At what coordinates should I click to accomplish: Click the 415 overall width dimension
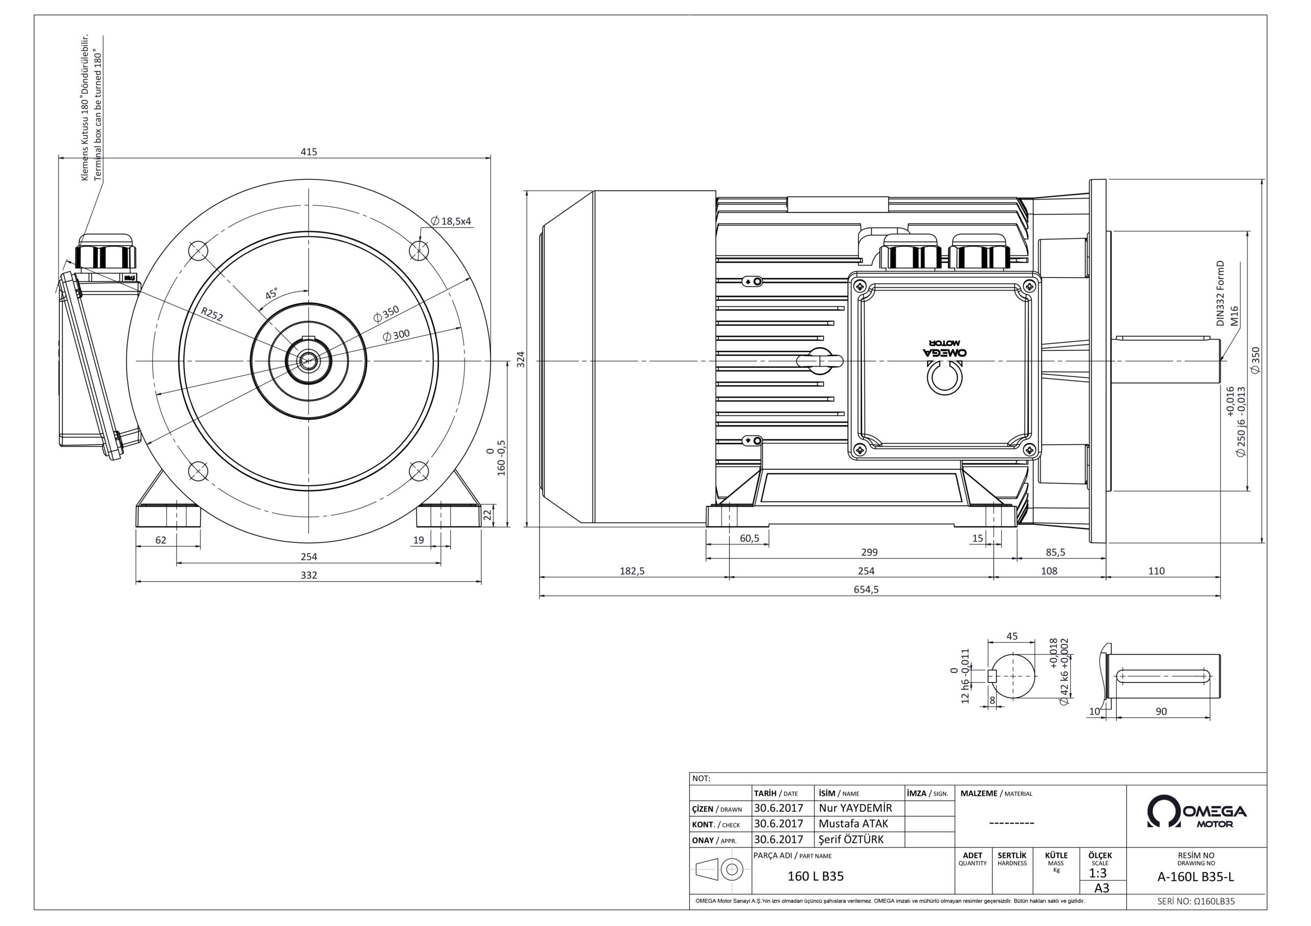[x=309, y=152]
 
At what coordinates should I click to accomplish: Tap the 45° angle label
[x=272, y=294]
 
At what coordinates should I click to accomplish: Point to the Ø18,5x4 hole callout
[x=451, y=221]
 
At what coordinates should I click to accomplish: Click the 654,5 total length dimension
[x=866, y=589]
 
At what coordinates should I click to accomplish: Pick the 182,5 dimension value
[x=632, y=570]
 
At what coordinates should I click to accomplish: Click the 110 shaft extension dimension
[x=1156, y=570]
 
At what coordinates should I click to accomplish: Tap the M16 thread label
[x=1234, y=316]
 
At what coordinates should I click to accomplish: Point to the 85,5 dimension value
[x=1055, y=553]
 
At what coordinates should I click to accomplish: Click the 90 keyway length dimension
[x=1161, y=712]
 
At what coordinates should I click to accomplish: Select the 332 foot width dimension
[x=309, y=575]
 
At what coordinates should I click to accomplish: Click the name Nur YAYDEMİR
[x=855, y=808]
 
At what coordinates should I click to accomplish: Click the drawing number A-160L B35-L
[x=1196, y=877]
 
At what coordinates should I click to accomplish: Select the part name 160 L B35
[x=815, y=876]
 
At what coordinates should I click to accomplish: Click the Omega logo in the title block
[x=1197, y=811]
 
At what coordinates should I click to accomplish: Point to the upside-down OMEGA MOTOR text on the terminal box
[x=945, y=348]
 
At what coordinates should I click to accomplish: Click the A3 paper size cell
[x=1102, y=888]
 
